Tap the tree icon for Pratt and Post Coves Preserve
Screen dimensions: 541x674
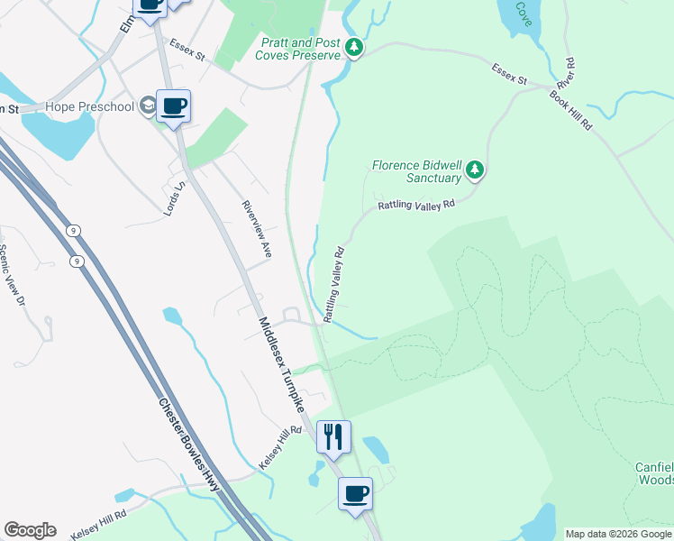tap(355, 48)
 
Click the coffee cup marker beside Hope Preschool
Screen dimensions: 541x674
tap(173, 106)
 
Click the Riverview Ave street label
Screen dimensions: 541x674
tap(257, 230)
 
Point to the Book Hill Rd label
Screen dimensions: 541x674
tap(571, 110)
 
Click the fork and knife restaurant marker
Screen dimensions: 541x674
tap(333, 437)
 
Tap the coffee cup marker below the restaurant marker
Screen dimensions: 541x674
tap(355, 494)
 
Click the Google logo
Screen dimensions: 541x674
tap(30, 530)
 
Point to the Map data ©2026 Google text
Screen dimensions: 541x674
tap(618, 534)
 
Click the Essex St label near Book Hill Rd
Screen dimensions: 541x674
tap(509, 74)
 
